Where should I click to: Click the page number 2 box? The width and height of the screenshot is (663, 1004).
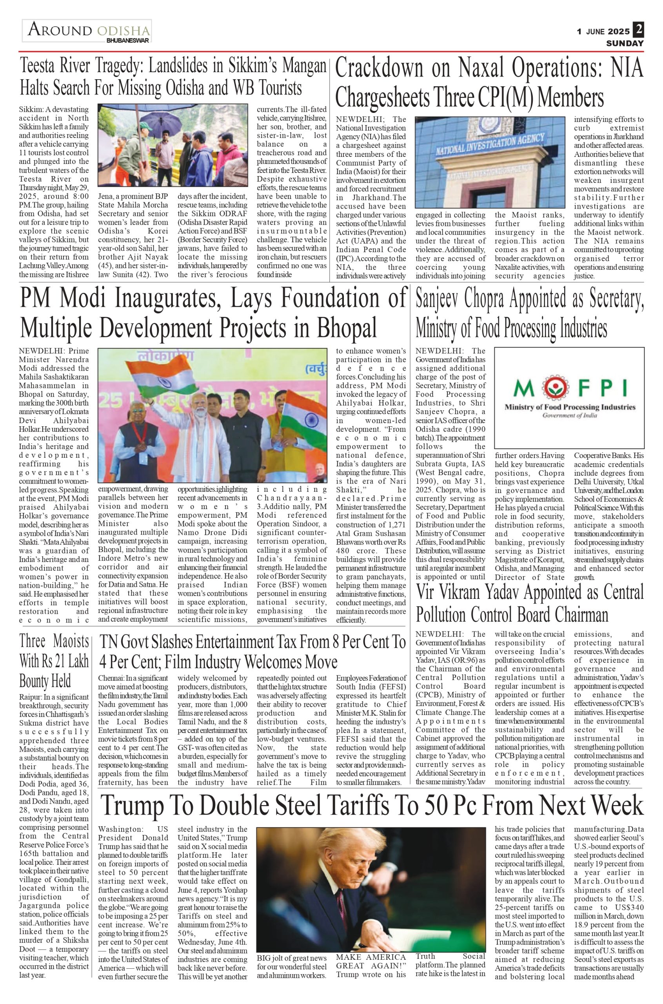click(x=638, y=29)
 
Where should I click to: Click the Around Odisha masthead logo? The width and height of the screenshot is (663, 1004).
click(x=87, y=31)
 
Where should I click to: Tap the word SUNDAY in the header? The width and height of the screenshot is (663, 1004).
click(x=625, y=43)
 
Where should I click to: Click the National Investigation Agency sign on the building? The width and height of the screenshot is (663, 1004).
click(x=489, y=144)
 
